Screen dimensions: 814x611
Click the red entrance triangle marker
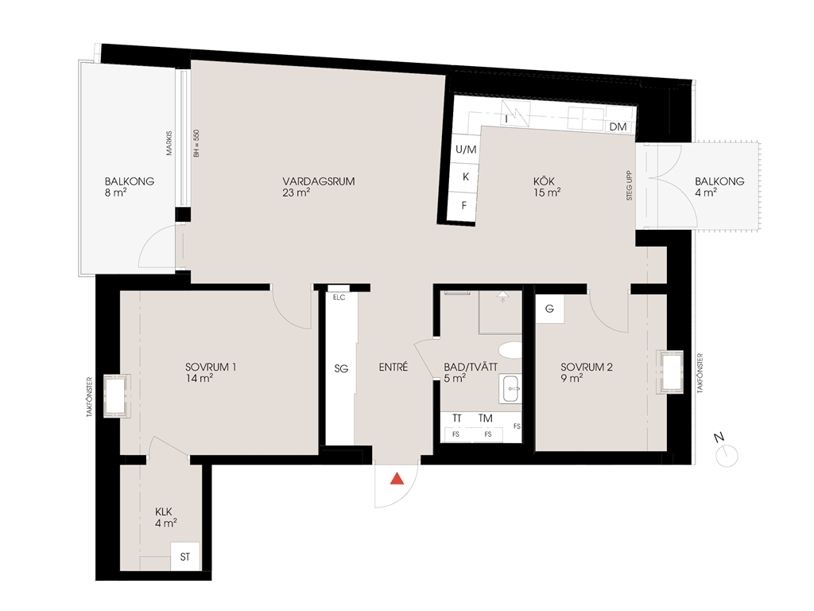coord(397,478)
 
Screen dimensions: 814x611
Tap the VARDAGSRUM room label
coord(319,181)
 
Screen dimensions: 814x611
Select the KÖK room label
coord(544,181)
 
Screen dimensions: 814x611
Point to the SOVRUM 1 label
coord(211,367)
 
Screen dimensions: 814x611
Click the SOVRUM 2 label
coord(587,367)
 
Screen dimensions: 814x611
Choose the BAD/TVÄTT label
coord(471,367)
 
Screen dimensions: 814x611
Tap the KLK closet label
coord(164,512)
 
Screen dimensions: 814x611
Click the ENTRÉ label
coord(393,367)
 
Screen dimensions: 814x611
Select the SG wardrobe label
coord(341,368)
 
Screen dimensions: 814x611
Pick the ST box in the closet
coord(185,557)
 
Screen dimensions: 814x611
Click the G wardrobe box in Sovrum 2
coord(550,309)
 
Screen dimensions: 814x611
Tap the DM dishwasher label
coord(618,126)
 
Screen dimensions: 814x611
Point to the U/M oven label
coord(466,150)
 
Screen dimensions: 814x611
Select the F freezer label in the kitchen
coord(464,206)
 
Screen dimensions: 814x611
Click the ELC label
coord(339,298)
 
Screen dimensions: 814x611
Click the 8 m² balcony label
coord(116,193)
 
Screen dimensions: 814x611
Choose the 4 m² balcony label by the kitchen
coord(706,193)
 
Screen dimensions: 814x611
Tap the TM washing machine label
coord(486,418)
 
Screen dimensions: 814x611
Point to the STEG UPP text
coord(630,185)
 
